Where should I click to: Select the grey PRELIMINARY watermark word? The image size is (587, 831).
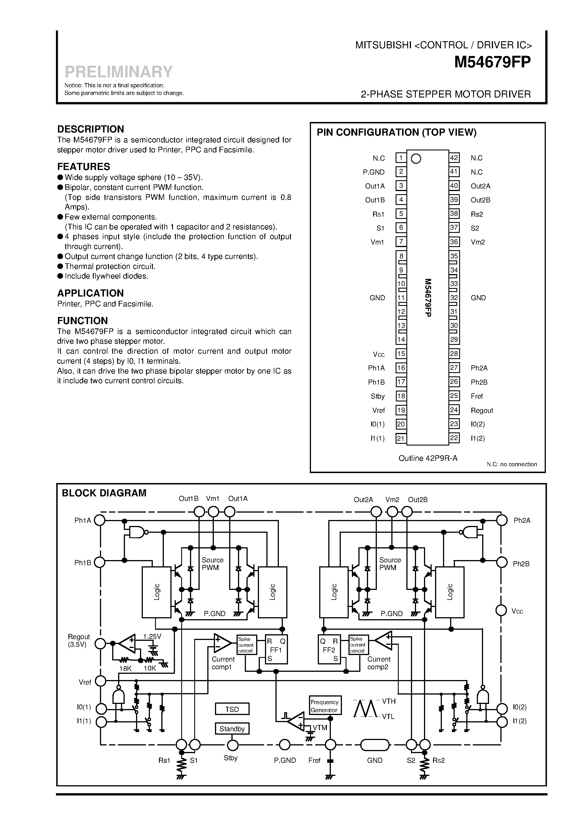tap(118, 72)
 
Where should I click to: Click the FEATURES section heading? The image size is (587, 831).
tap(83, 167)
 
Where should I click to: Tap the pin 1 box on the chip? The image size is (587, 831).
tap(401, 158)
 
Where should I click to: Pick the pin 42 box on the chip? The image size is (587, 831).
tap(454, 158)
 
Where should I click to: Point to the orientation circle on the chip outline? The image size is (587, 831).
tap(416, 159)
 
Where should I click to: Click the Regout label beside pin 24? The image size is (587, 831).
tap(482, 411)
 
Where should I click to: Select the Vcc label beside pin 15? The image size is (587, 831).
tap(379, 354)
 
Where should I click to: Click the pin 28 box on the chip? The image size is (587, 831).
tap(454, 354)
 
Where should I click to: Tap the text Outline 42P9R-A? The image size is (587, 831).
tap(428, 458)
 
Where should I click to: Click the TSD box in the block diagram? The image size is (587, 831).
tap(232, 709)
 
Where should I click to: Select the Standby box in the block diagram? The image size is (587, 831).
tap(232, 729)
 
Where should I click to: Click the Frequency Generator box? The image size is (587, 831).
tap(324, 706)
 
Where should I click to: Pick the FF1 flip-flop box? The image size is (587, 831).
tap(277, 649)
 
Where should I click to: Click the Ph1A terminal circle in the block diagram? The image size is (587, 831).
tap(99, 521)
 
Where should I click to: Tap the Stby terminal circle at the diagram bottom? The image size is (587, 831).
tap(232, 745)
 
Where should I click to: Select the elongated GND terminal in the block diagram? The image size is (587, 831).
tap(375, 745)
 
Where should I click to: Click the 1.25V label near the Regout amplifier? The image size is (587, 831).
tap(152, 636)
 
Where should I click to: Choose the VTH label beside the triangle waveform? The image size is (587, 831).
tap(388, 701)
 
